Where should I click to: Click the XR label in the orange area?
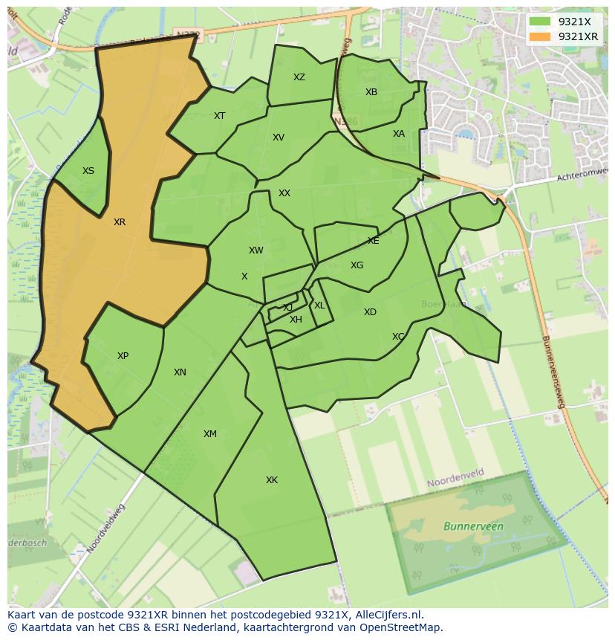tap(120, 222)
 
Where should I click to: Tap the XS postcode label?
tap(88, 171)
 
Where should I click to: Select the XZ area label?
tap(299, 77)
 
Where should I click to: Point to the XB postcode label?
tap(371, 92)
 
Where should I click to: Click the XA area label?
tap(399, 134)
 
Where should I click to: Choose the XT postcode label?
tap(219, 116)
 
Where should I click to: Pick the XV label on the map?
tap(279, 138)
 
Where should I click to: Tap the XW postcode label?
tap(256, 250)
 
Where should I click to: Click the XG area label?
tap(357, 265)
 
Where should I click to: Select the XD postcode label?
tap(370, 312)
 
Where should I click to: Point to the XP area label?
tap(123, 356)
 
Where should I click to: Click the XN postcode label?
tap(180, 372)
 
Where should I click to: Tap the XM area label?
tap(210, 434)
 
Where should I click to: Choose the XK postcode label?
tap(272, 480)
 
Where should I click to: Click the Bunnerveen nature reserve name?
tap(473, 526)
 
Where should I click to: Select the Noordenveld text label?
tap(455, 482)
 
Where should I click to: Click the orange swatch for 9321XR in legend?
tap(540, 36)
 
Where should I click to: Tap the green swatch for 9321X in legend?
tap(540, 22)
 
